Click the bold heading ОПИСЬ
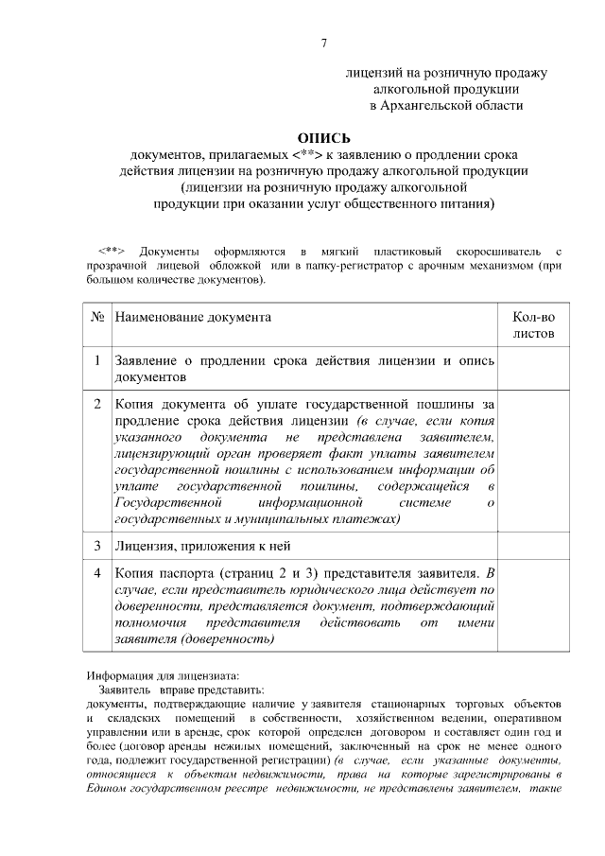(x=324, y=138)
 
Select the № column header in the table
(x=96, y=318)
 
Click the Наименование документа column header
(x=193, y=318)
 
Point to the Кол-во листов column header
(x=533, y=325)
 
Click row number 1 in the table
(x=96, y=360)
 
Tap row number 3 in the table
(x=96, y=546)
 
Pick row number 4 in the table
(x=96, y=572)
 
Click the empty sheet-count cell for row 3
(x=533, y=546)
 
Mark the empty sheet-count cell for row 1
(x=533, y=368)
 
